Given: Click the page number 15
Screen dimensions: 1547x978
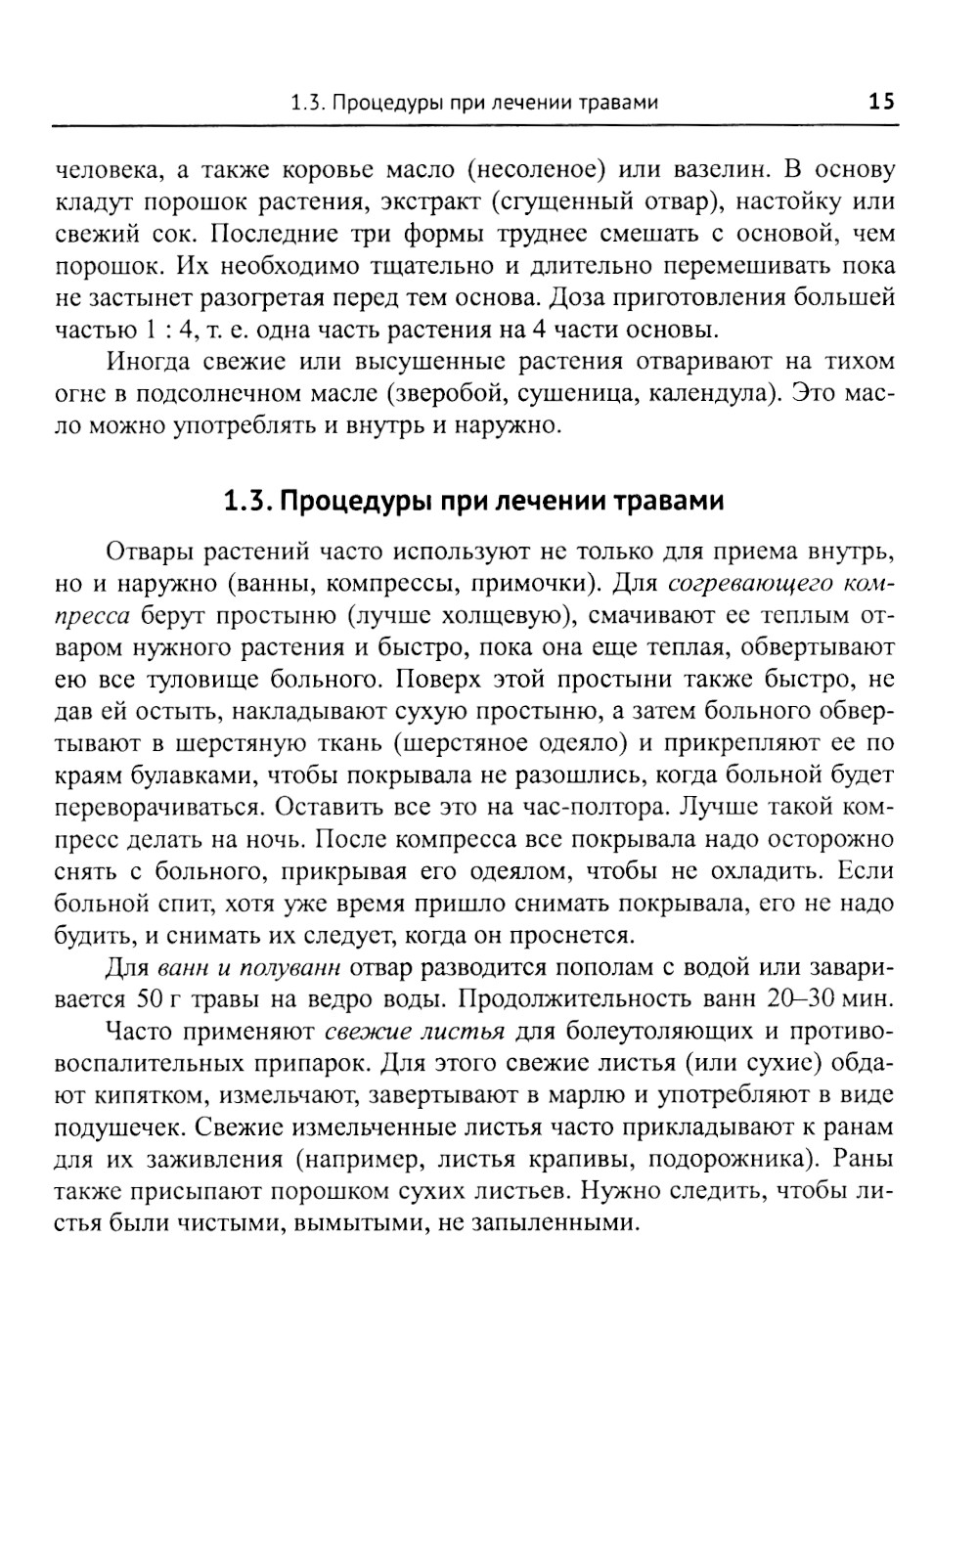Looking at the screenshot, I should pyautogui.click(x=880, y=102).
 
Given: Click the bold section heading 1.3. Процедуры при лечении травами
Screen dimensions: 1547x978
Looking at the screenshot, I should pyautogui.click(x=474, y=503).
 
